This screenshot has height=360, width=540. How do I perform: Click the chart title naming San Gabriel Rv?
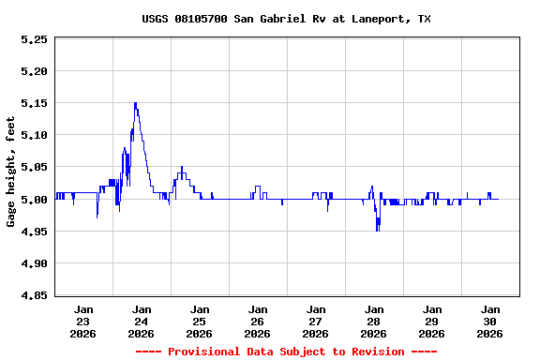(286, 19)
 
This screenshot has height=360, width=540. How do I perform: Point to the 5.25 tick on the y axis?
(34, 39)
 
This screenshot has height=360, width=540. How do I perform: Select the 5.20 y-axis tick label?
(34, 71)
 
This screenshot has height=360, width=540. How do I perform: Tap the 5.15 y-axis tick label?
(34, 103)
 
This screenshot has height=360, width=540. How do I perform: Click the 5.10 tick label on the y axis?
(34, 135)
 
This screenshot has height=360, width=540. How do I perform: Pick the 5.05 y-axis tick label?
(34, 168)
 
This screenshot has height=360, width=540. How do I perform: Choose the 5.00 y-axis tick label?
(34, 200)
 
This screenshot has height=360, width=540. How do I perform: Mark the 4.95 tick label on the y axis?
(34, 232)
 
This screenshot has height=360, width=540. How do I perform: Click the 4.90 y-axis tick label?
(34, 264)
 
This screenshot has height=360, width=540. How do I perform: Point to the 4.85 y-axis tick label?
(34, 296)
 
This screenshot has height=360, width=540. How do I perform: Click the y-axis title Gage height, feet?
(11, 172)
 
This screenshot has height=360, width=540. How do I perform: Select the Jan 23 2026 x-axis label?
(83, 321)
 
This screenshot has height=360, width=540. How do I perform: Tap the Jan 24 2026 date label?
(142, 321)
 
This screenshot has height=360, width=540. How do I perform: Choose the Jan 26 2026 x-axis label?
(258, 321)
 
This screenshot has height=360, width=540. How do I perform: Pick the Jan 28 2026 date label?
(374, 321)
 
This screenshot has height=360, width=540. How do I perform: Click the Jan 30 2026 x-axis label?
(489, 321)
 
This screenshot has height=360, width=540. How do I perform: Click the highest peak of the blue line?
(135, 103)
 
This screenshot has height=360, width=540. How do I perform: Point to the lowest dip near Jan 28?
(378, 230)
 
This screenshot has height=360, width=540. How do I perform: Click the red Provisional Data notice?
(286, 352)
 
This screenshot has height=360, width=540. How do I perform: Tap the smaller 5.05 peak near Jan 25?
(182, 168)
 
